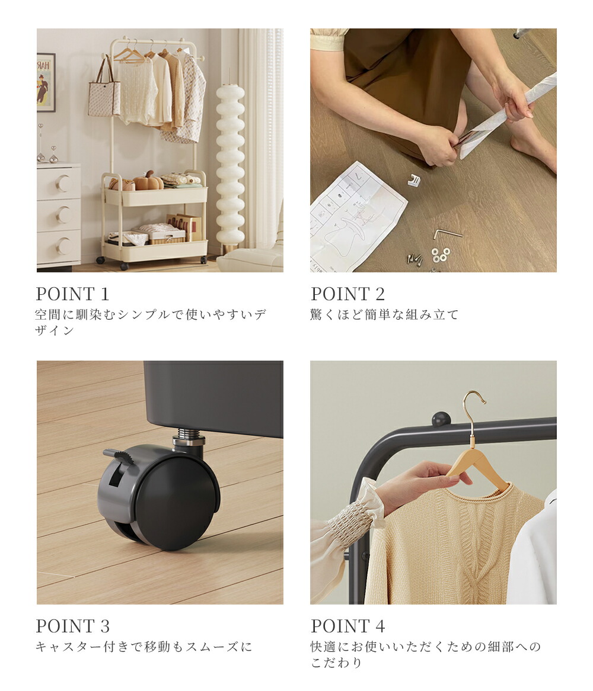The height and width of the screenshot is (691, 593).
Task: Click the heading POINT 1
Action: point(72,294)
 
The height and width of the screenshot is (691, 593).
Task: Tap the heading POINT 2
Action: point(347,294)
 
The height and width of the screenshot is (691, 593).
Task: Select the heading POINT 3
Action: point(73,626)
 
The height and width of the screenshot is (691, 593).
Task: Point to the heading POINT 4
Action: point(347,626)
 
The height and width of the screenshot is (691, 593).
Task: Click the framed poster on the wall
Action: point(46,82)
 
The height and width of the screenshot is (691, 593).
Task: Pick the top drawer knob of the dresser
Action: point(65,184)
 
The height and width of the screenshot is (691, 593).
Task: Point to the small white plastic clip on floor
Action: point(414,179)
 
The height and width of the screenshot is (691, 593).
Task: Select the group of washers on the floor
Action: point(441,254)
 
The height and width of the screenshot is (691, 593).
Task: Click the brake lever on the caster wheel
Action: point(120,456)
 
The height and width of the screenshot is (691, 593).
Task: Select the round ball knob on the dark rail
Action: point(439,419)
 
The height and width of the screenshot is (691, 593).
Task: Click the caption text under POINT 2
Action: point(384,314)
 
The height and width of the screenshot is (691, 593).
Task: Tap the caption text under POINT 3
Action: point(144,647)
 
